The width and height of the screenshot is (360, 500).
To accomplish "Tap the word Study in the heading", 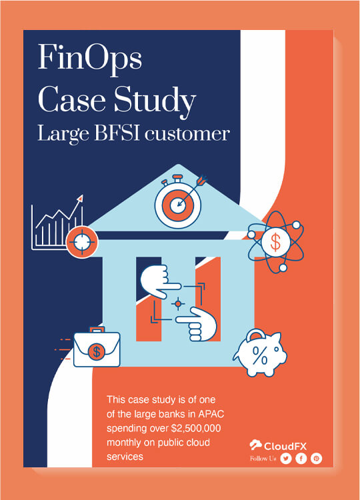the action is pos(155,102).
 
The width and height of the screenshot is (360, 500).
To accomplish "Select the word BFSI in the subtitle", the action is pos(117,133).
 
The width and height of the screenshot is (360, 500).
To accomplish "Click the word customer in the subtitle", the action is pos(187,134).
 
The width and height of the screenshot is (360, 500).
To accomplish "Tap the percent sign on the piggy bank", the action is pos(260,355).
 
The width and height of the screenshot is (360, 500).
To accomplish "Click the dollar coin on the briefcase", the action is pos(96,352).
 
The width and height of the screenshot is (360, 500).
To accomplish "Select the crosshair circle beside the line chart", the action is pos(82,242).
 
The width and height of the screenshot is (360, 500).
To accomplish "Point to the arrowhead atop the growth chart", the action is pos(81,198).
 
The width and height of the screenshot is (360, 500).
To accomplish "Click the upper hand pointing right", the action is pos(159,281).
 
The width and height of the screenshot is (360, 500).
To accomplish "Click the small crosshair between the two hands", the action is pos(178,303).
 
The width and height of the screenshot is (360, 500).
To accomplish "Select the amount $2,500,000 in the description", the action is pos(196,428).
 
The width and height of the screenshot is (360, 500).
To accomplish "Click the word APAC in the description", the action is pos(211,414).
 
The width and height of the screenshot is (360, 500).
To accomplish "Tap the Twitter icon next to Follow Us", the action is pos(286,459).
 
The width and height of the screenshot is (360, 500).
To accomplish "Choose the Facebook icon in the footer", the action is pos(301,459).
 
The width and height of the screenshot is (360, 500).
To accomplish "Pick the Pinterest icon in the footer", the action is pos(316,459).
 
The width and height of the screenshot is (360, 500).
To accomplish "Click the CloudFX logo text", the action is pos(285,446).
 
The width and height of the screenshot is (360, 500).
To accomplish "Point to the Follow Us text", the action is pos(263,459).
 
